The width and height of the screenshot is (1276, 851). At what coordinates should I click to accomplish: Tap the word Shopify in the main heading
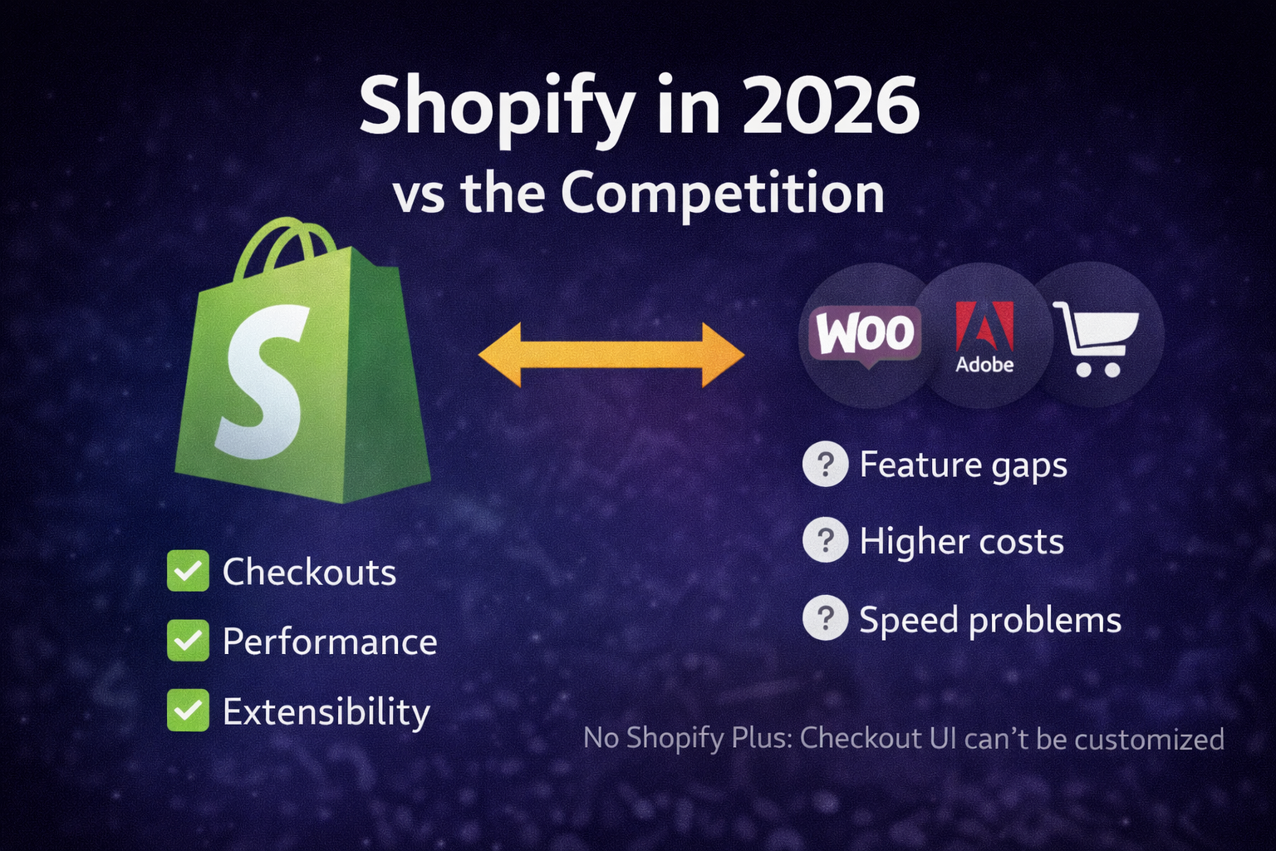[x=497, y=111]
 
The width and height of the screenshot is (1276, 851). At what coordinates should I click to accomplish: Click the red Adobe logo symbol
[x=984, y=326]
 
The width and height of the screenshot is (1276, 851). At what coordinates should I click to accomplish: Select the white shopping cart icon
[x=1096, y=338]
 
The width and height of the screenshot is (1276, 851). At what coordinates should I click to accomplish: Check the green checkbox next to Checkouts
[x=188, y=571]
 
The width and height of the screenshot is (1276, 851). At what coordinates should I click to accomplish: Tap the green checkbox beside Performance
[x=188, y=641]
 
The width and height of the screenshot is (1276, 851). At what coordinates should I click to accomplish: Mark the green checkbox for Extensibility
[x=188, y=711]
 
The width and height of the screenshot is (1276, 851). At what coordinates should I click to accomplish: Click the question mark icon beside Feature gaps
[x=826, y=464]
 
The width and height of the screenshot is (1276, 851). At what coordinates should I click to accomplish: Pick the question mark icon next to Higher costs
[x=826, y=540]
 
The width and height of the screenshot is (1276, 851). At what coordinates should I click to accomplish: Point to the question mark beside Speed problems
[x=826, y=617]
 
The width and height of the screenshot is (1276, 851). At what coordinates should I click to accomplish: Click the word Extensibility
[x=326, y=712]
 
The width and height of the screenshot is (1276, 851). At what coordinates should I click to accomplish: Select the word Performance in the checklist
[x=330, y=642]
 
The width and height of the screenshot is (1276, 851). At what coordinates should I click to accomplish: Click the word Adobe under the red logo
[x=985, y=364]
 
